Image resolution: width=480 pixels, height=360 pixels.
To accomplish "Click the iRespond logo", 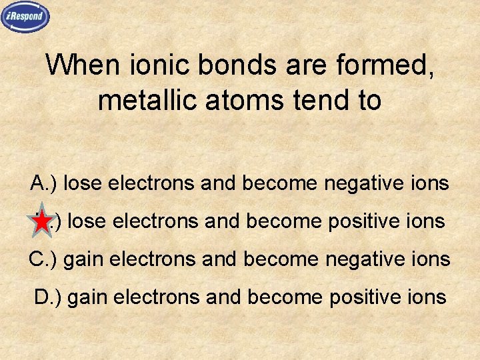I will [25, 17].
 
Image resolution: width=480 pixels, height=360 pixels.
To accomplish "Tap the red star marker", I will [42, 221].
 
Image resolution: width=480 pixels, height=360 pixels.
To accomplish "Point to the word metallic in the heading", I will [141, 100].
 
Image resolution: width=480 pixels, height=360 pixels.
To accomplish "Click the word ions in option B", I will [427, 221].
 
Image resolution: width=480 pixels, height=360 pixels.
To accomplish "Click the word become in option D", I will [285, 296].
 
